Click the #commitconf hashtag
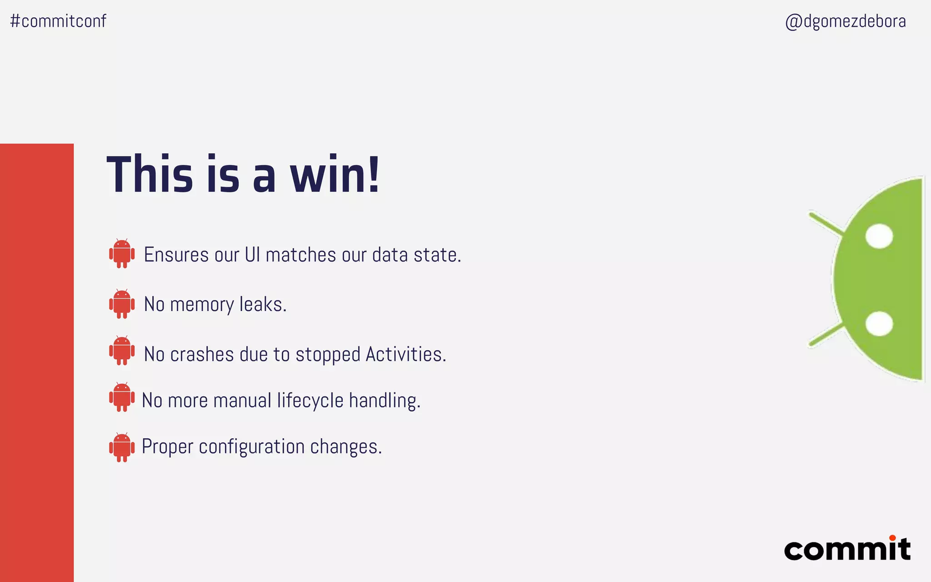(58, 21)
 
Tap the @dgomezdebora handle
(846, 21)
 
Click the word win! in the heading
(335, 175)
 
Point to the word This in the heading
(150, 175)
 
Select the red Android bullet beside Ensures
(122, 253)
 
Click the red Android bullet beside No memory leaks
(122, 304)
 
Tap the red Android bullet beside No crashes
(122, 351)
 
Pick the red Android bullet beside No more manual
(122, 397)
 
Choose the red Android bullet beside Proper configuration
(122, 447)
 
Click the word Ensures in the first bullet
(176, 255)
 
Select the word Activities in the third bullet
(405, 354)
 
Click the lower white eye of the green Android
(879, 323)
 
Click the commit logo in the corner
(847, 549)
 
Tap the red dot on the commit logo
(892, 538)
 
